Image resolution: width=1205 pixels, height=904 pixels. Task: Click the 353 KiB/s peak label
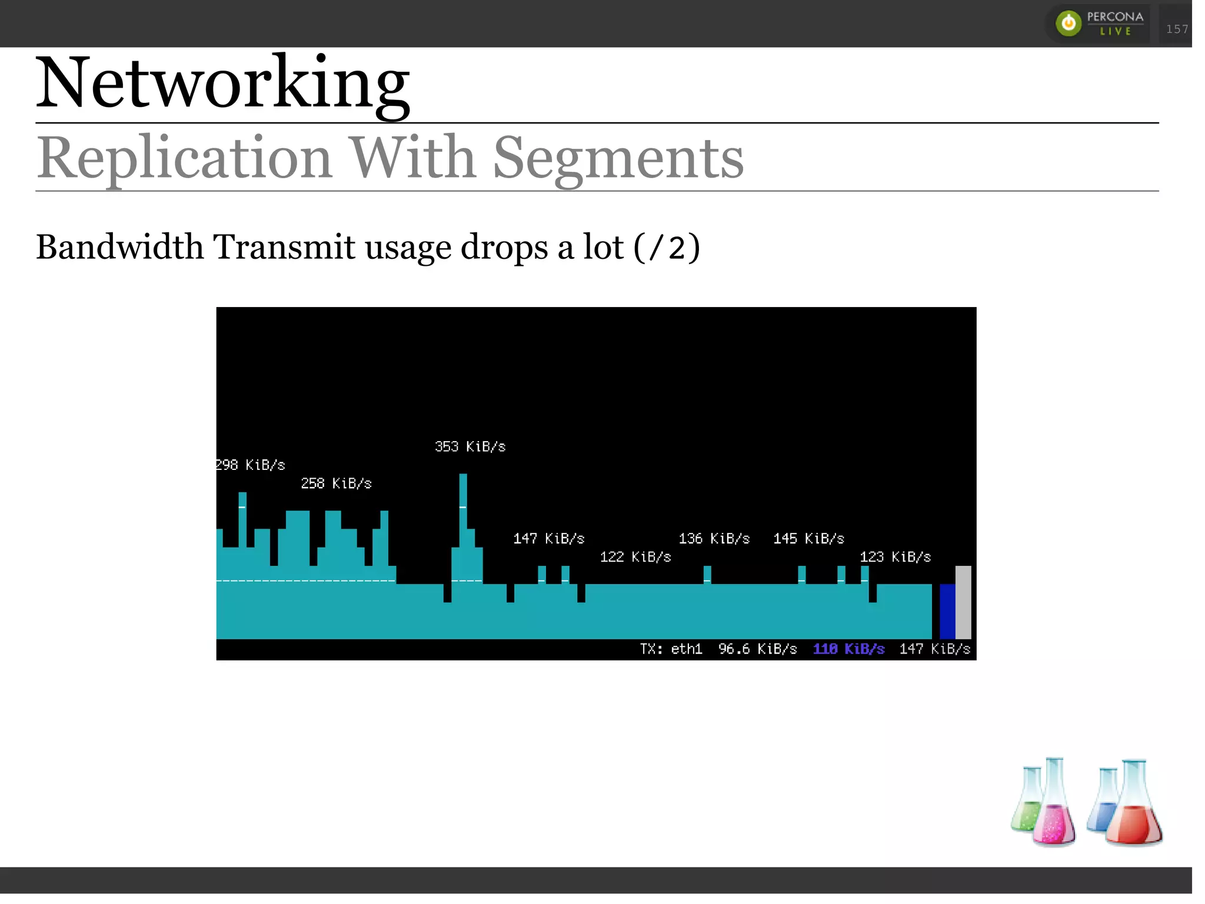click(x=470, y=446)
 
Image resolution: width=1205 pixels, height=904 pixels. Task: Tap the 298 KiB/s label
click(x=251, y=465)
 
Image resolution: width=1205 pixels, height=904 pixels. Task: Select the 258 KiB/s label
click(x=336, y=483)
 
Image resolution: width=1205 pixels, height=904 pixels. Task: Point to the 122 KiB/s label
click(x=635, y=557)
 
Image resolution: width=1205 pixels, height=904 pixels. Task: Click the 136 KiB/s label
click(x=714, y=539)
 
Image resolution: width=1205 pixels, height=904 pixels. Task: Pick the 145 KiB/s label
click(x=808, y=539)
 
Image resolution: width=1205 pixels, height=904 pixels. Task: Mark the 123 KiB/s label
click(x=895, y=557)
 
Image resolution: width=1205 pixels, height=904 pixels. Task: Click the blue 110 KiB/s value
click(x=848, y=649)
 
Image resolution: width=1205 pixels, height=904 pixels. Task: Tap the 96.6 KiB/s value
click(x=757, y=649)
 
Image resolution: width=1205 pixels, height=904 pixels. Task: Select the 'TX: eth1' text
click(x=671, y=649)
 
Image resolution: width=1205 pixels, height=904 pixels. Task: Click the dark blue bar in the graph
click(x=947, y=611)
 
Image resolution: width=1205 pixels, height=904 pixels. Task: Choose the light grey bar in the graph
click(x=963, y=602)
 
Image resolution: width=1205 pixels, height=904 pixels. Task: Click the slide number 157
click(x=1177, y=29)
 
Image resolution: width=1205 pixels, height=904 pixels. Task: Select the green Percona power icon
click(x=1068, y=24)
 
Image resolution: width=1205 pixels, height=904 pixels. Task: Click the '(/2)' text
click(x=667, y=247)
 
